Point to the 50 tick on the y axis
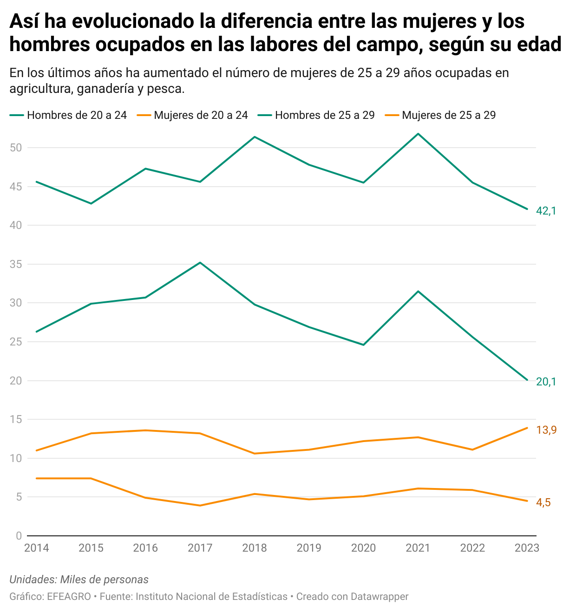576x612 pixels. [x=16, y=148]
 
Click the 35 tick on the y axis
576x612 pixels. [x=16, y=265]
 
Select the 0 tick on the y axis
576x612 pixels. [x=19, y=536]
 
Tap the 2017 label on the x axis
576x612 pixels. [x=200, y=548]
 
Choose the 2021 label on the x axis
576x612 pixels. [x=418, y=548]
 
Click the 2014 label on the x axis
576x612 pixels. [x=37, y=548]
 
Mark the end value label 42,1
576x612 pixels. [x=546, y=211]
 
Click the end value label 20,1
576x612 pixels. [x=546, y=382]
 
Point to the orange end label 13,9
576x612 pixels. [x=546, y=430]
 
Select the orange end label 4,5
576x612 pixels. [x=543, y=503]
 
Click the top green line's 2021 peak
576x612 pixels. [x=419, y=134]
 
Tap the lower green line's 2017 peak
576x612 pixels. [x=200, y=263]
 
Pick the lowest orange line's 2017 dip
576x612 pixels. [x=200, y=505]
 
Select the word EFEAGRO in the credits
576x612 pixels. [x=69, y=597]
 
